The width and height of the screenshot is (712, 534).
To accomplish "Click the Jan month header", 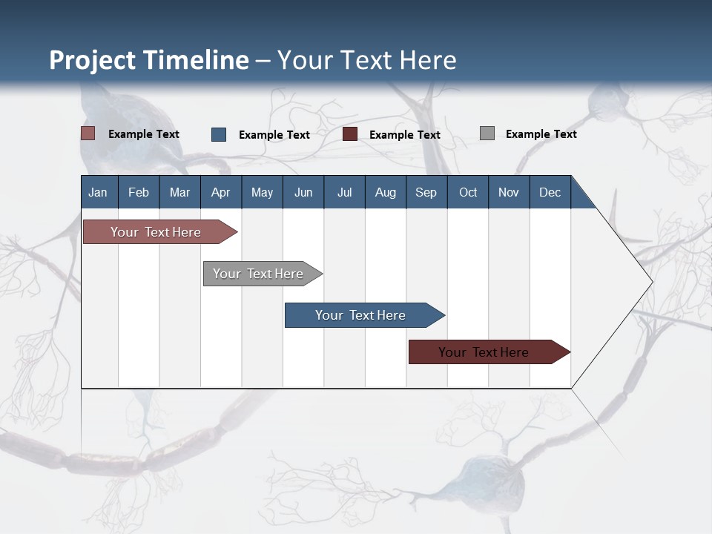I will pyautogui.click(x=98, y=192).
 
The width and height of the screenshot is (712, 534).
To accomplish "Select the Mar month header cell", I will pyautogui.click(x=179, y=192).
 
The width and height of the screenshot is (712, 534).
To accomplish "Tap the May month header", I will pyautogui.click(x=262, y=192).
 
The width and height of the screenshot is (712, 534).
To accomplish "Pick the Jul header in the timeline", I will pyautogui.click(x=344, y=192).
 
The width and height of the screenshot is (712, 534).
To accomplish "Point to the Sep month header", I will pyautogui.click(x=426, y=192).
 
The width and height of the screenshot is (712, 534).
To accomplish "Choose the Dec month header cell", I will pyautogui.click(x=550, y=192).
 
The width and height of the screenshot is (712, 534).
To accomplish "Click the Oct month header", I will pyautogui.click(x=468, y=192).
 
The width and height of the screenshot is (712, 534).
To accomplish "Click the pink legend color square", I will pyautogui.click(x=88, y=133).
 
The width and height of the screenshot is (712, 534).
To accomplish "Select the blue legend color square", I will pyautogui.click(x=219, y=134).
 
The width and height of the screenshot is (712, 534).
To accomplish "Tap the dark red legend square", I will pyautogui.click(x=350, y=134).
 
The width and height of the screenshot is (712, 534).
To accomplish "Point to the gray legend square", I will pyautogui.click(x=487, y=133).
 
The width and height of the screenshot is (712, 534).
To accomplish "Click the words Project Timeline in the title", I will pyautogui.click(x=149, y=60).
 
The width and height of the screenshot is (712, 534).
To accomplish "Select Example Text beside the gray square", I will pyautogui.click(x=541, y=134).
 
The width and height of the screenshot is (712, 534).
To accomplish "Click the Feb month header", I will pyautogui.click(x=139, y=192).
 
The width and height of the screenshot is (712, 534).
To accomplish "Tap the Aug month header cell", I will pyautogui.click(x=385, y=192).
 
